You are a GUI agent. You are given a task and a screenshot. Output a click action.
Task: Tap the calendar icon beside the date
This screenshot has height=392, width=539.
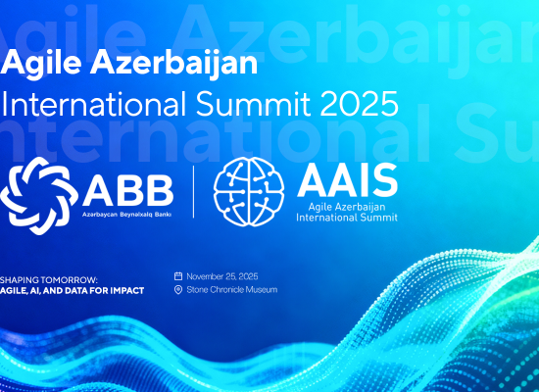178,276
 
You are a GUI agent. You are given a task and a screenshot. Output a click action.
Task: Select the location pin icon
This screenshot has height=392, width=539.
178,290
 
